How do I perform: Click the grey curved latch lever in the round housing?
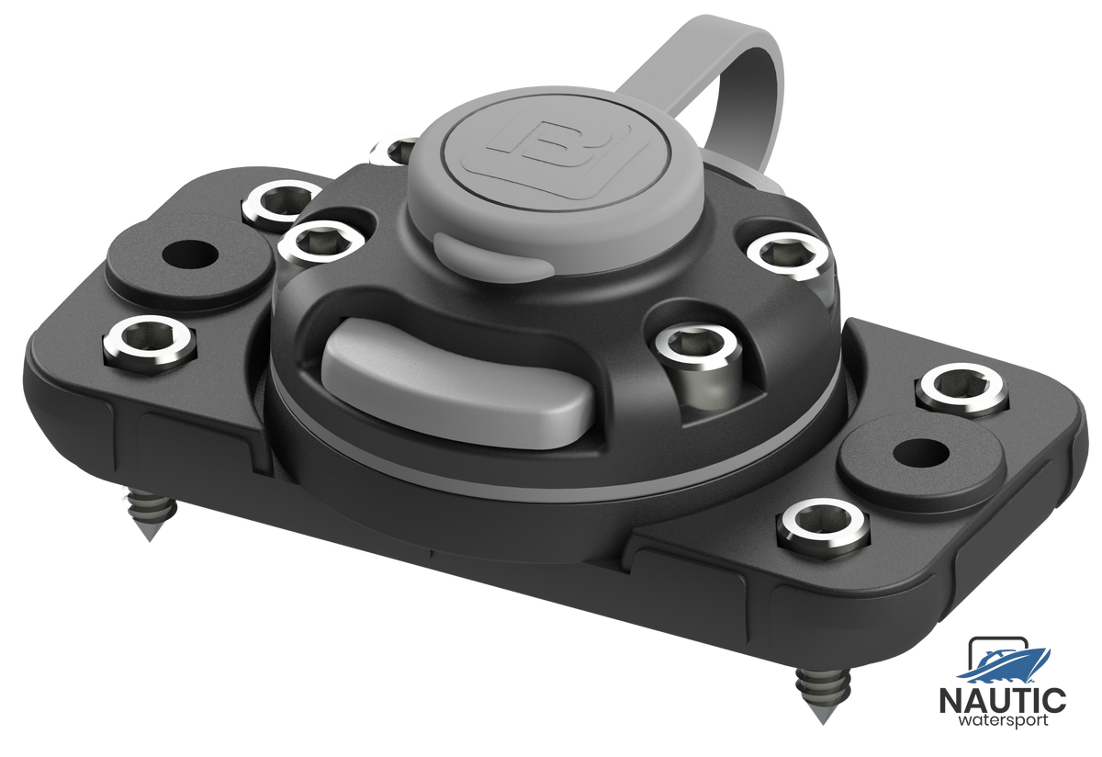(x=460, y=382)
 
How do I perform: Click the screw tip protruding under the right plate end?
(x=823, y=695)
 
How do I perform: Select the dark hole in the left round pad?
(x=189, y=253)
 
